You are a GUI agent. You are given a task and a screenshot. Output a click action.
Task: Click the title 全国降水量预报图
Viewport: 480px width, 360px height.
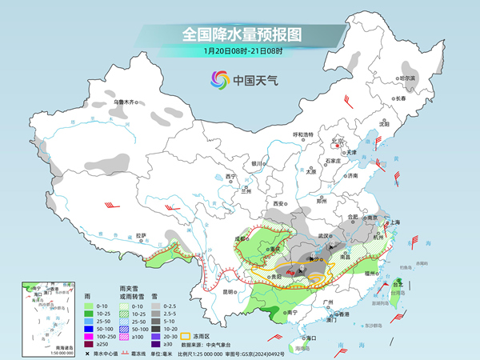[239, 34]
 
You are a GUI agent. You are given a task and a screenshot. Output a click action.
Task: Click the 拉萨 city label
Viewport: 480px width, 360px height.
[141, 235]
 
